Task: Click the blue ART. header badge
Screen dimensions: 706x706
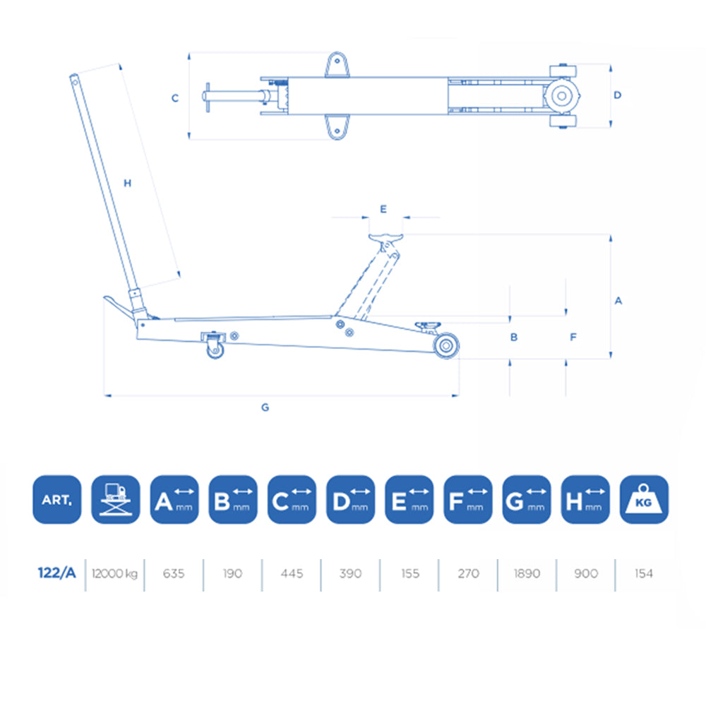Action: point(57,499)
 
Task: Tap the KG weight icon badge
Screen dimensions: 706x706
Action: point(643,499)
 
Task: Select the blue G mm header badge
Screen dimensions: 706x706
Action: point(526,499)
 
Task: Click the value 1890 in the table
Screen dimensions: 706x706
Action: point(526,573)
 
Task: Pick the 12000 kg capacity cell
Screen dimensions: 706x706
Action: point(114,573)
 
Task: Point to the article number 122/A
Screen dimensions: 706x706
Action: point(56,573)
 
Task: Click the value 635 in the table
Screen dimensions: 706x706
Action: point(173,573)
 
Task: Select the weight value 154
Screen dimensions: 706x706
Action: point(643,573)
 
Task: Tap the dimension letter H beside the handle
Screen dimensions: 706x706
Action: point(128,184)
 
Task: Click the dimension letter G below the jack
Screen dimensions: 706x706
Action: point(265,407)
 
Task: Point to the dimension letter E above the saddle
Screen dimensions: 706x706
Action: point(383,209)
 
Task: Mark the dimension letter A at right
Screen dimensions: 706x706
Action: point(618,301)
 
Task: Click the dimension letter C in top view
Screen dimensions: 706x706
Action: point(175,98)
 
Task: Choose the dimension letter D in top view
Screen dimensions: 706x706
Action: point(617,95)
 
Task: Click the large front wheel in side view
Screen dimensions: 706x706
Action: point(446,346)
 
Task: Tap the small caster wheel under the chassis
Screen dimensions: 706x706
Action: point(215,349)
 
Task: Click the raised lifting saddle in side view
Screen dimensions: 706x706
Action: point(385,237)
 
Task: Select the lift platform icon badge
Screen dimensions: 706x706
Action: point(115,499)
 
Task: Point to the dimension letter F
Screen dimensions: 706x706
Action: point(573,337)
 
